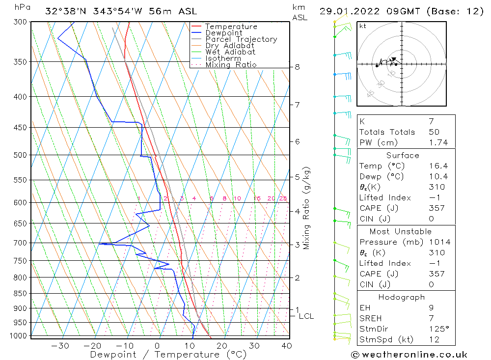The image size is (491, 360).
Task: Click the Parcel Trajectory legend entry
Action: (x=241, y=39)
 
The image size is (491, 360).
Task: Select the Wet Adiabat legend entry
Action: (x=230, y=52)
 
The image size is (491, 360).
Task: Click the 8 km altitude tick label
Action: (x=297, y=67)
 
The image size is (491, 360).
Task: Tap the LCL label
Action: (x=306, y=316)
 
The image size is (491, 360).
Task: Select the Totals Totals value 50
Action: (x=434, y=132)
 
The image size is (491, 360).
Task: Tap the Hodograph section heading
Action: (x=402, y=297)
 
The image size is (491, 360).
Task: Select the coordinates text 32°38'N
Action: (x=64, y=11)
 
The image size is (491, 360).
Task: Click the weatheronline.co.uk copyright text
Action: (x=409, y=355)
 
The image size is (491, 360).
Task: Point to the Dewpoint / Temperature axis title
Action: (x=168, y=354)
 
